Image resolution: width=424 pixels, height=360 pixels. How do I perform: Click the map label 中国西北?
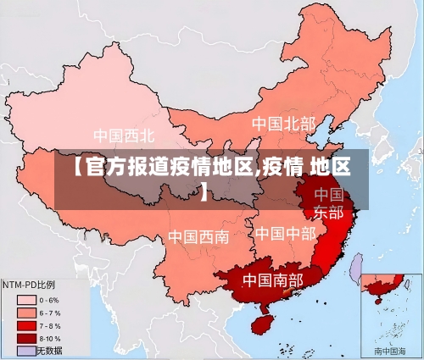pyautogui.click(x=124, y=135)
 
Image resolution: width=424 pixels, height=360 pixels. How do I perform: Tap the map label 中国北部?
pyautogui.click(x=283, y=124)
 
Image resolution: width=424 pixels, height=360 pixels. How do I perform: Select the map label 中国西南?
pyautogui.click(x=198, y=236)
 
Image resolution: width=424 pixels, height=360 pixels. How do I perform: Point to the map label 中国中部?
pyautogui.click(x=285, y=233)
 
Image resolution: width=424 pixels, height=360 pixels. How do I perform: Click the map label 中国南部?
pyautogui.click(x=272, y=279)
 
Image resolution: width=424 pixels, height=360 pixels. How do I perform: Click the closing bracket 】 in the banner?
pyautogui.click(x=204, y=194)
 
